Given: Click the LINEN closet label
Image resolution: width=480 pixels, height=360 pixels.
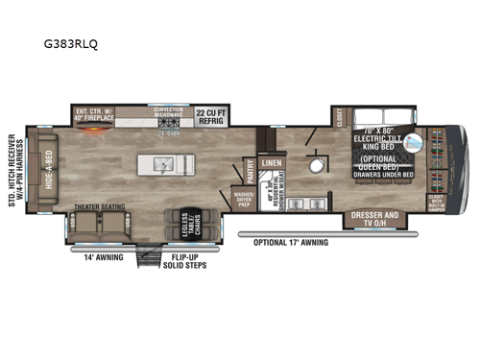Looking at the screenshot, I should (271, 163).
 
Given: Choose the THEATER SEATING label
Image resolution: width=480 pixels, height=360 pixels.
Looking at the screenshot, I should (100, 205).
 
